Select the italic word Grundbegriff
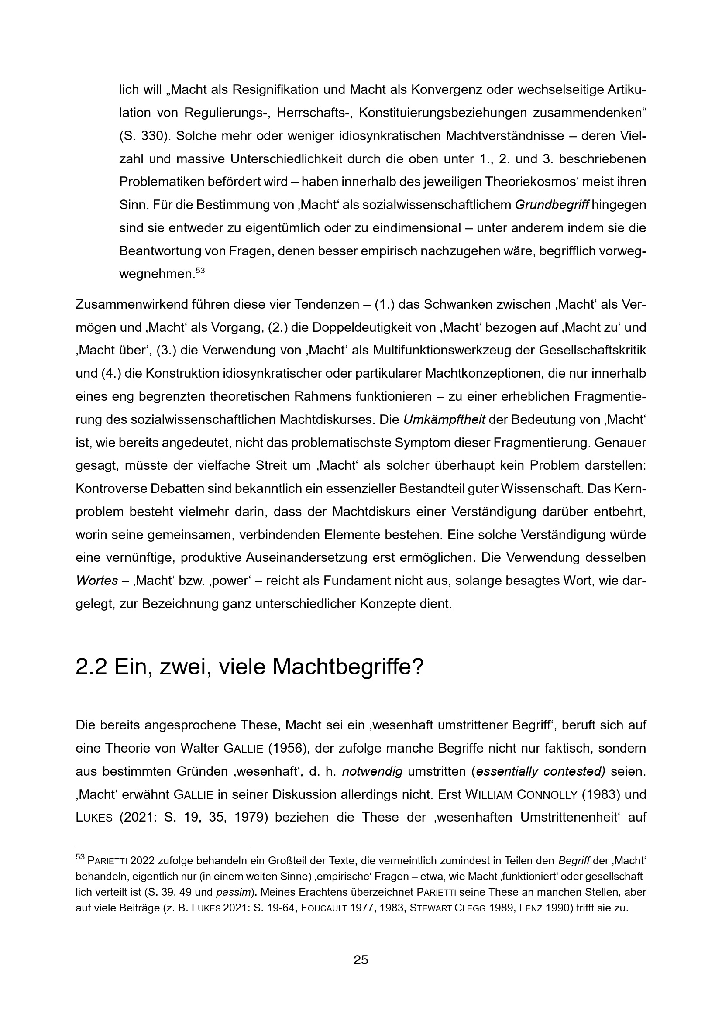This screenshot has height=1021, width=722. [552, 205]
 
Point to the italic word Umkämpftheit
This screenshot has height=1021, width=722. [444, 419]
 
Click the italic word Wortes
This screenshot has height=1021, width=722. [96, 580]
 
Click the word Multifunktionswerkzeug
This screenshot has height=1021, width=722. [454, 350]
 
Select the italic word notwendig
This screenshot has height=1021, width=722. [371, 771]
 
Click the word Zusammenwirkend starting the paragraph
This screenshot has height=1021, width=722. [133, 305]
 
